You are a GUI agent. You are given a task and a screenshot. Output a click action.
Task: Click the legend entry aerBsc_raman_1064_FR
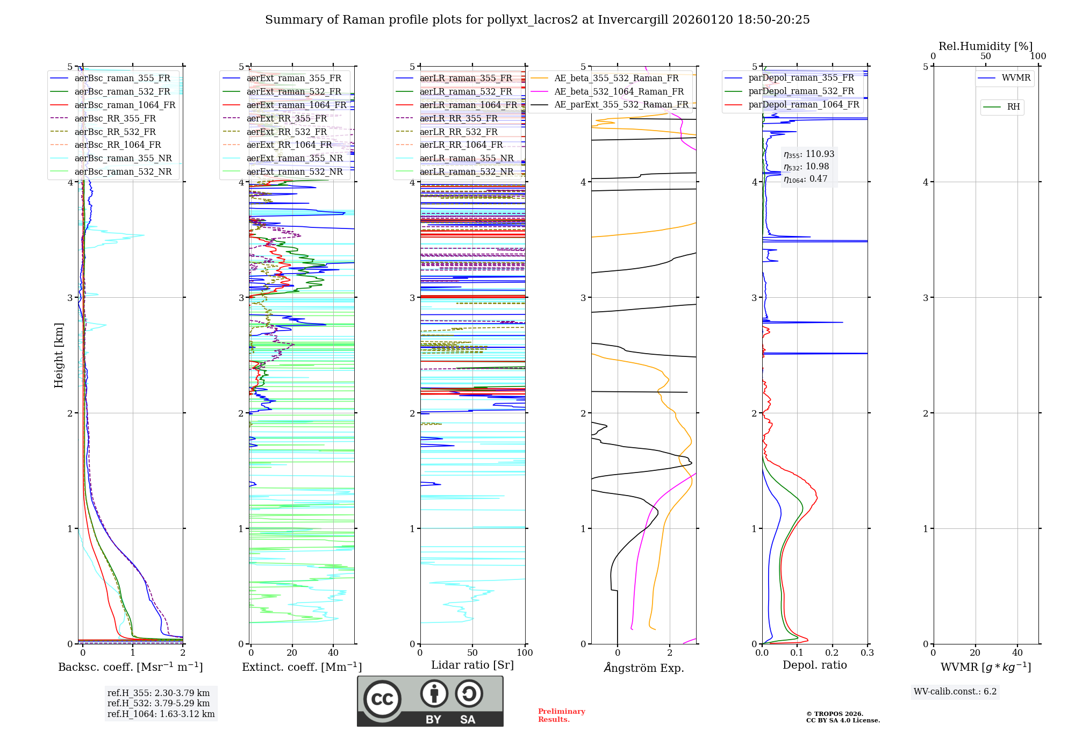pos(125,105)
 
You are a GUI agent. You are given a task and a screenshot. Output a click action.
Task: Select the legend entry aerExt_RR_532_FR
pos(286,132)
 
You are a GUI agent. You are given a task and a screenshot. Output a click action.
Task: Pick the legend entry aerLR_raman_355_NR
pos(466,158)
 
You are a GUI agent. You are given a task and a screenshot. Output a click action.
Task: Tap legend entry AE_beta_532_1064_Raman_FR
pos(619,91)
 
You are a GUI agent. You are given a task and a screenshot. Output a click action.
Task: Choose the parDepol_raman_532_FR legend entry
pos(801,91)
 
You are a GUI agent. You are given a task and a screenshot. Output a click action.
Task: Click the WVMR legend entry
pos(1016,78)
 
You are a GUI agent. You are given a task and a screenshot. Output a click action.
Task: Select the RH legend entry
pos(1013,107)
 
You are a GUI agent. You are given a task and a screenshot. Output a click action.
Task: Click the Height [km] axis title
pos(59,355)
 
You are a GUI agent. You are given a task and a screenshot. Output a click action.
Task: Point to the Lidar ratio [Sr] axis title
pos(472,665)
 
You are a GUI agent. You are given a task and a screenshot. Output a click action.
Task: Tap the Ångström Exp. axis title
pos(644,668)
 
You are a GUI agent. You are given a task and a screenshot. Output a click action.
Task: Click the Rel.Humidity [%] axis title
pos(985,46)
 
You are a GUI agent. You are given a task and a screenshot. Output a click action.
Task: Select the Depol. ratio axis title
pos(814,665)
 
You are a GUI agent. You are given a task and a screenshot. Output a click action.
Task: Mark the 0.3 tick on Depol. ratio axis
pos(867,653)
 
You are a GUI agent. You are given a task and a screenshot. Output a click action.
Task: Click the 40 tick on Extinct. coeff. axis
pos(333,653)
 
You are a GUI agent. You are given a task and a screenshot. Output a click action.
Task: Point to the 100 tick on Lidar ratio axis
pos(525,653)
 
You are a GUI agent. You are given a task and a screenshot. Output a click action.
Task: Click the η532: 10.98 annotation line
pos(806,167)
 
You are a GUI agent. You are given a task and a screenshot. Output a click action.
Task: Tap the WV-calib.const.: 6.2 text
pos(955,691)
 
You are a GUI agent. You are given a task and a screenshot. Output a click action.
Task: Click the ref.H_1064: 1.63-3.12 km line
pos(161,714)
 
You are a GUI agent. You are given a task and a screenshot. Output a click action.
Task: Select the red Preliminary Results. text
pos(561,715)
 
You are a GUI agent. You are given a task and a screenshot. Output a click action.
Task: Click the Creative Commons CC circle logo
pos(382,699)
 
